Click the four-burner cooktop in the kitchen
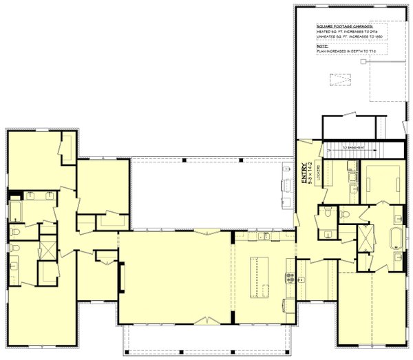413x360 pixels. pos(290,279)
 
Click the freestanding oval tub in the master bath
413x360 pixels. pos(396,237)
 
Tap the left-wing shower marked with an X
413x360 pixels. pos(47,246)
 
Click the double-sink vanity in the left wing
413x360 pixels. pos(41,195)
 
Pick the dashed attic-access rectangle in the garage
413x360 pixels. pos(338,80)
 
